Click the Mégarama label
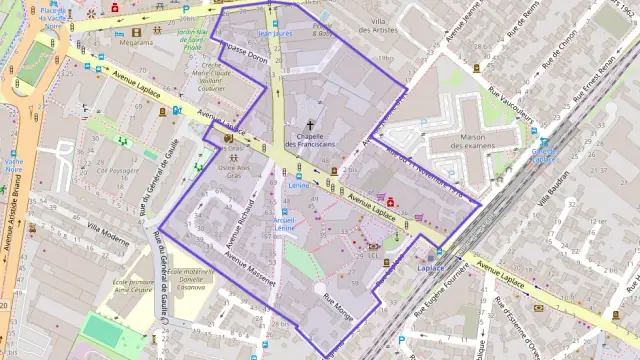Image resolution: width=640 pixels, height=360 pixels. (136, 43)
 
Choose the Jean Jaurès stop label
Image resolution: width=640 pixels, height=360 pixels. (275, 34)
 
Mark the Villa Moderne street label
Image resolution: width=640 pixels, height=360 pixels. (108, 235)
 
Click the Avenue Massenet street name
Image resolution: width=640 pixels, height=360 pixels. (251, 269)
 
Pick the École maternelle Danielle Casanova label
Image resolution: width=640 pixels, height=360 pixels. (190, 279)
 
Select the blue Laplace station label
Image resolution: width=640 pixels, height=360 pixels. (430, 268)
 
